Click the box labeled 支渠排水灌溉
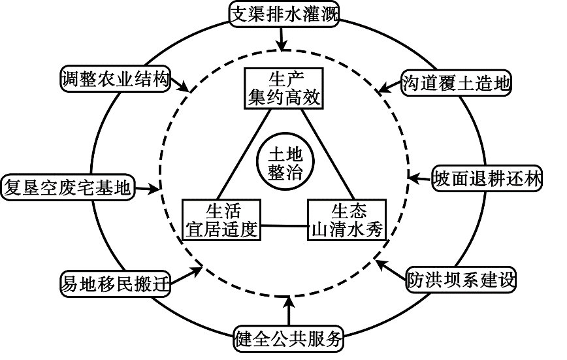pos(284,14)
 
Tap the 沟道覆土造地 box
pos(455,83)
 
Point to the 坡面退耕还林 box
pos(487,178)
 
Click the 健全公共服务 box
pos(288,338)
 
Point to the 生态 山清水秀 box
pos(345,220)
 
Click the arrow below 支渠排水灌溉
pos(282,38)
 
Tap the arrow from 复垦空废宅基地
pos(147,189)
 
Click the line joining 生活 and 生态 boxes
pos(284,227)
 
